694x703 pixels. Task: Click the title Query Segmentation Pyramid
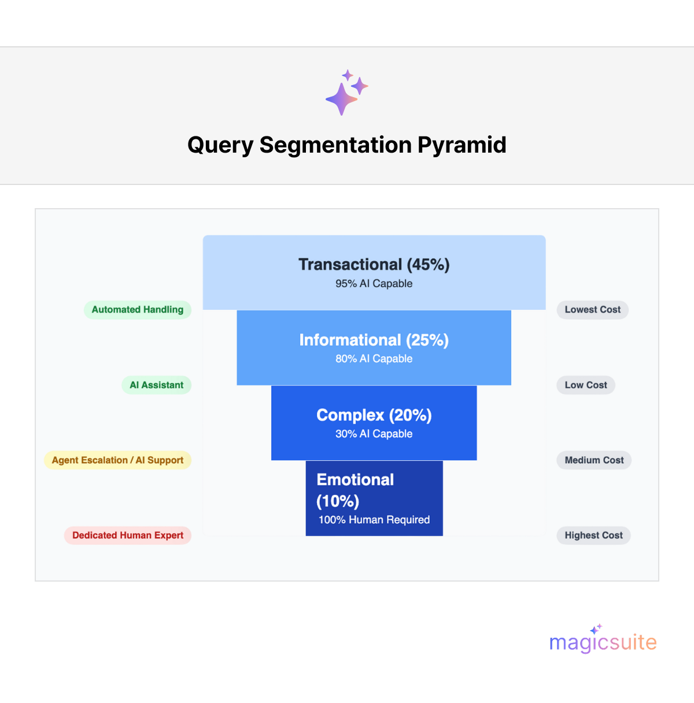click(x=347, y=145)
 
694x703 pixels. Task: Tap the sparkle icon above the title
click(x=346, y=92)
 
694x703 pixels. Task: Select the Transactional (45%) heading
click(x=374, y=264)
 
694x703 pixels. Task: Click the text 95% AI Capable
click(x=374, y=283)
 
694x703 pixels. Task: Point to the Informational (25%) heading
click(x=374, y=340)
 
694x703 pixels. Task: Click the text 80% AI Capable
click(x=374, y=358)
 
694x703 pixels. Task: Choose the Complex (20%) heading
click(x=374, y=415)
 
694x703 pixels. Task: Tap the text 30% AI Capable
click(x=374, y=434)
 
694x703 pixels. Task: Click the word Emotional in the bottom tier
click(x=355, y=479)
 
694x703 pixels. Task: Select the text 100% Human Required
click(x=374, y=520)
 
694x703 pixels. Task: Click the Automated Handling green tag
click(x=137, y=309)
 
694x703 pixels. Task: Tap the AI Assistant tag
click(x=156, y=385)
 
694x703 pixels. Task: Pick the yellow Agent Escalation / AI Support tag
click(x=117, y=460)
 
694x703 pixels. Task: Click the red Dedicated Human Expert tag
click(x=127, y=535)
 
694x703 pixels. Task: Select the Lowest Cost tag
click(x=592, y=309)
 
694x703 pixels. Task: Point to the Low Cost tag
click(x=585, y=385)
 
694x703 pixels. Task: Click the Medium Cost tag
click(x=594, y=460)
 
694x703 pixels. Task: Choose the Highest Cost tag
click(x=593, y=535)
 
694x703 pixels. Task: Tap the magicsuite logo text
click(x=603, y=642)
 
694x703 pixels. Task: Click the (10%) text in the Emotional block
click(x=338, y=501)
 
